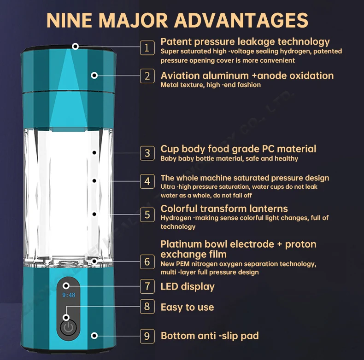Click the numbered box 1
147,47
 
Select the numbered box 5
147,214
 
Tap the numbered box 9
147,336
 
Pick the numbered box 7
147,286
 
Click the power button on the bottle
68,328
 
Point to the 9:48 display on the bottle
68,295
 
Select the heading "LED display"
188,287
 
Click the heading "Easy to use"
187,307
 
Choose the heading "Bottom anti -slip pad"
209,336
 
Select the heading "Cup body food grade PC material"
238,149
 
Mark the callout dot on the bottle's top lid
75,46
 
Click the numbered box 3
147,153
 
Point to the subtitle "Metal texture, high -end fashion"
211,85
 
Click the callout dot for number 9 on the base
94,336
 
